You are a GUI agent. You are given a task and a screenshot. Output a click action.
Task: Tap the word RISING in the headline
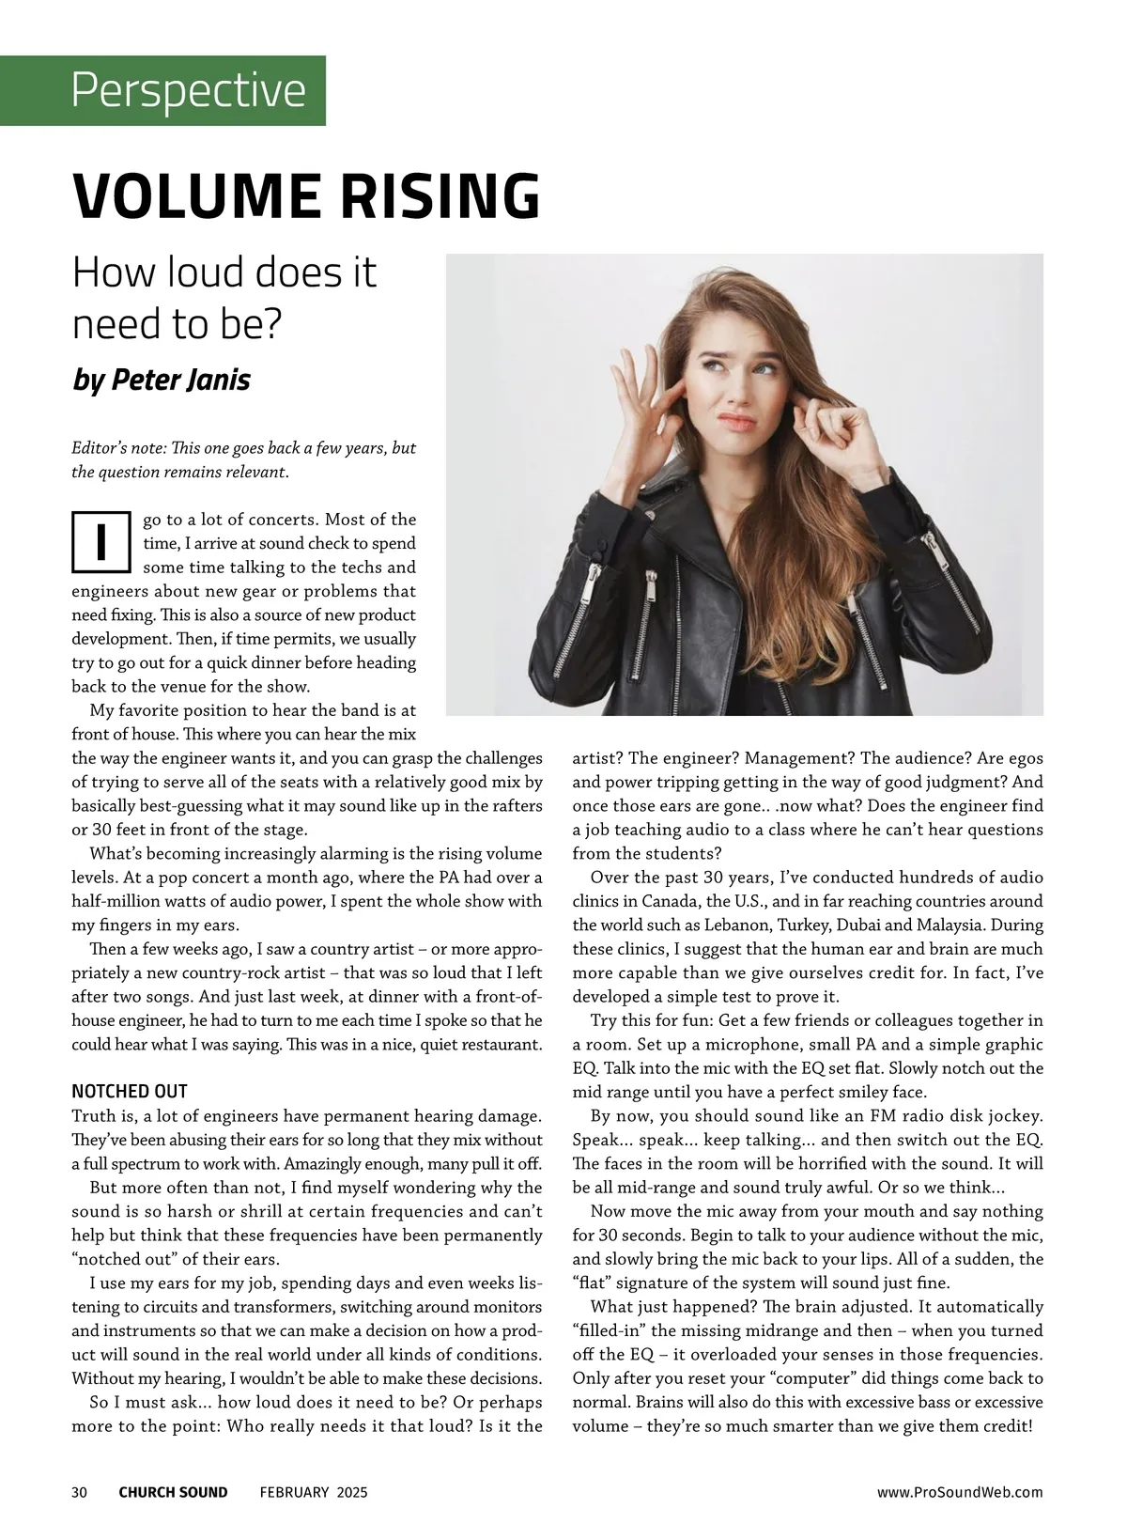[440, 195]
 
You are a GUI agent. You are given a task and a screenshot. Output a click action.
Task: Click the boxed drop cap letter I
[100, 542]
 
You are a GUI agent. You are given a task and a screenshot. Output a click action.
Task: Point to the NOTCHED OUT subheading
[130, 1091]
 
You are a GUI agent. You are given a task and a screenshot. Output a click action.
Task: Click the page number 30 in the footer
[80, 1492]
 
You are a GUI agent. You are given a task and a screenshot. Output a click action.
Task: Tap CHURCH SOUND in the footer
[173, 1492]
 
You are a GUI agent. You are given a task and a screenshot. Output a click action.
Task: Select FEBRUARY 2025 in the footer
[314, 1492]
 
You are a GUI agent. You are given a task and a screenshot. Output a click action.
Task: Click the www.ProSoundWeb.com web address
[960, 1492]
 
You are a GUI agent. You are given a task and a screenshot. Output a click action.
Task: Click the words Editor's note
[117, 448]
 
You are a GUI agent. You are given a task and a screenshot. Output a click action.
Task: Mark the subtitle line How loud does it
[224, 272]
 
